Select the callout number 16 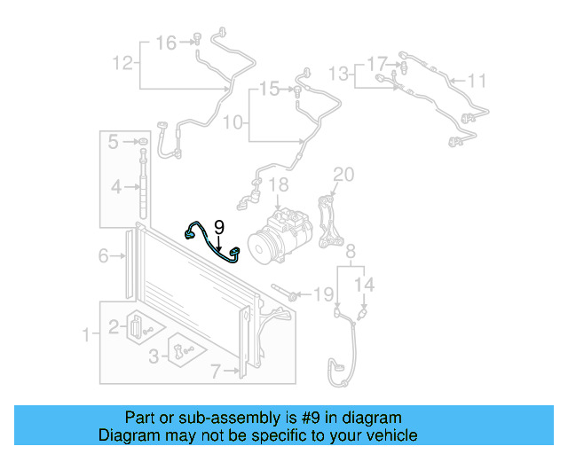click(x=166, y=42)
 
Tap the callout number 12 click(x=122, y=63)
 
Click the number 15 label click(x=269, y=89)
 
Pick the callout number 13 click(x=339, y=72)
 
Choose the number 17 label click(x=377, y=63)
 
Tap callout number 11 click(x=477, y=82)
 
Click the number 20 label click(x=343, y=174)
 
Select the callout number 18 click(x=279, y=185)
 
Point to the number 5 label click(x=114, y=142)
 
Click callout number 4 click(x=114, y=187)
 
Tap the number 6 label click(x=103, y=256)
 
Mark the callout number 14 click(x=366, y=285)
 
